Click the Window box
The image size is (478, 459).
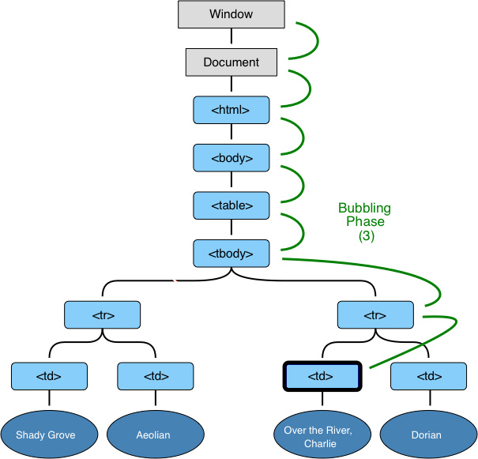(231, 14)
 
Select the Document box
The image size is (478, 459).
(231, 62)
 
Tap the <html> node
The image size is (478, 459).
(231, 110)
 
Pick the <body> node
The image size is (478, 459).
(231, 157)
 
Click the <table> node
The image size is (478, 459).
(231, 205)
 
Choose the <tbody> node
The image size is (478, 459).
(231, 253)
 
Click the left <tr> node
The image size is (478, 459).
(103, 314)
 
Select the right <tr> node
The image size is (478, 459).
(375, 314)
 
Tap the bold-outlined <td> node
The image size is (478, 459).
(322, 376)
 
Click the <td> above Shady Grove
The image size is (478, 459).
(49, 376)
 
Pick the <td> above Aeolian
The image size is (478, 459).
(155, 376)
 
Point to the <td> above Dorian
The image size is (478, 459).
(428, 376)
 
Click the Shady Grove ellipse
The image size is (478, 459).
(49, 434)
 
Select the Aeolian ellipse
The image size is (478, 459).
(155, 434)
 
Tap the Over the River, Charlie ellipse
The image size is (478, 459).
(322, 434)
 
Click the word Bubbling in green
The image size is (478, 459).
(364, 209)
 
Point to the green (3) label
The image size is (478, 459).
(364, 236)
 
